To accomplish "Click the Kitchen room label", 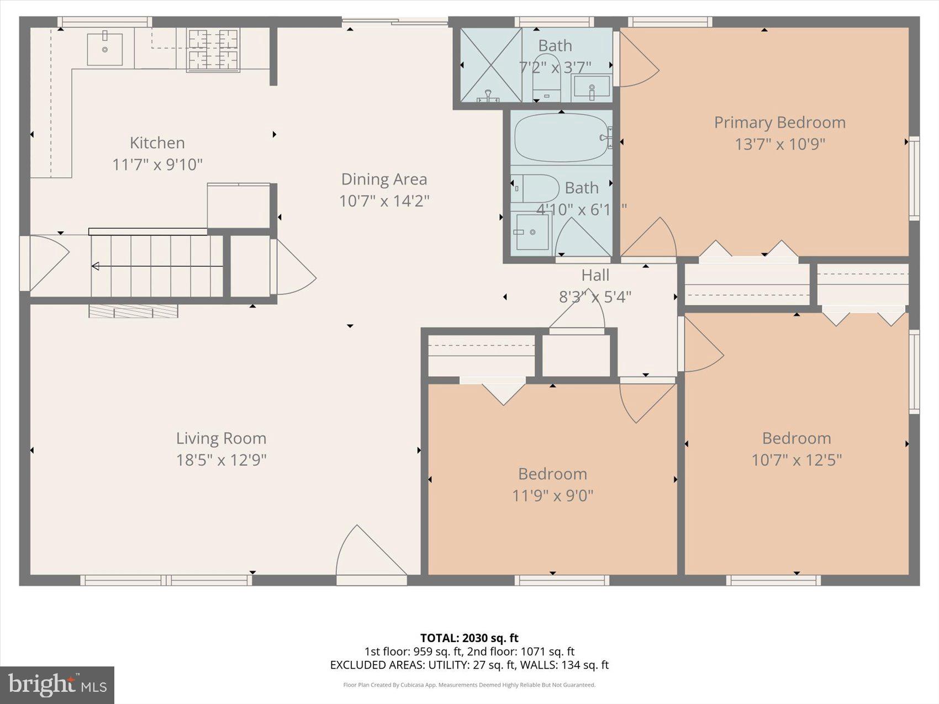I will tap(157, 143).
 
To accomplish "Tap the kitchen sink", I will tap(104, 49).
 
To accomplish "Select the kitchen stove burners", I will tap(213, 50).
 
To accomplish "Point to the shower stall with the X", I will tap(490, 65).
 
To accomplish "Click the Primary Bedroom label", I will tap(779, 123).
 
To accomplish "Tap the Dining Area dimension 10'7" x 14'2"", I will tap(384, 201).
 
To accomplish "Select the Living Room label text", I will tap(221, 438).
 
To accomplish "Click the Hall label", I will tap(595, 276).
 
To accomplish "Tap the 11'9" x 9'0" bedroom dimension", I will tap(552, 496).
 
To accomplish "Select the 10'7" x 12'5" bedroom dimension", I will tap(796, 460).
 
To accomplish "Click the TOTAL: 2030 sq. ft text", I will tap(469, 639).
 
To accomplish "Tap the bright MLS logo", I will tap(57, 685).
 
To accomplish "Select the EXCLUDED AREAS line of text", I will tap(469, 665).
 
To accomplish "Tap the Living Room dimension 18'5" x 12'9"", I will tap(221, 460).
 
